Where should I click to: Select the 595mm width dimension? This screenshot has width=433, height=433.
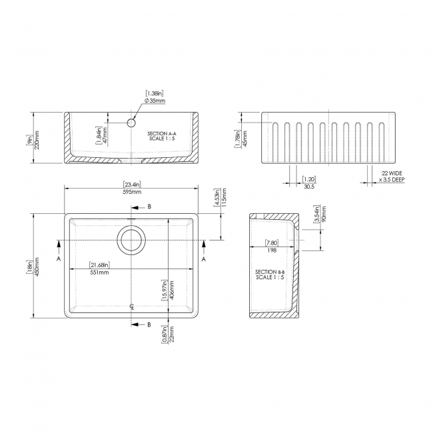coord(132,192)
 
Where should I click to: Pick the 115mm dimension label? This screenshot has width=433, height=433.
coord(225,198)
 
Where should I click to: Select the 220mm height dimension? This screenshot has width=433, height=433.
coord(38,140)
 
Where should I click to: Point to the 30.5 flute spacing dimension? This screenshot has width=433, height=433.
coord(308,187)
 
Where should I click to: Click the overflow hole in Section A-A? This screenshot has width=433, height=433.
coord(132,123)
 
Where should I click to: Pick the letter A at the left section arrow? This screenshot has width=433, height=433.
coord(59,258)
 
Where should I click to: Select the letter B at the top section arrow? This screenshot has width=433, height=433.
coord(149,207)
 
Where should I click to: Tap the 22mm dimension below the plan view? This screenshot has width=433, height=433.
coord(173,333)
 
